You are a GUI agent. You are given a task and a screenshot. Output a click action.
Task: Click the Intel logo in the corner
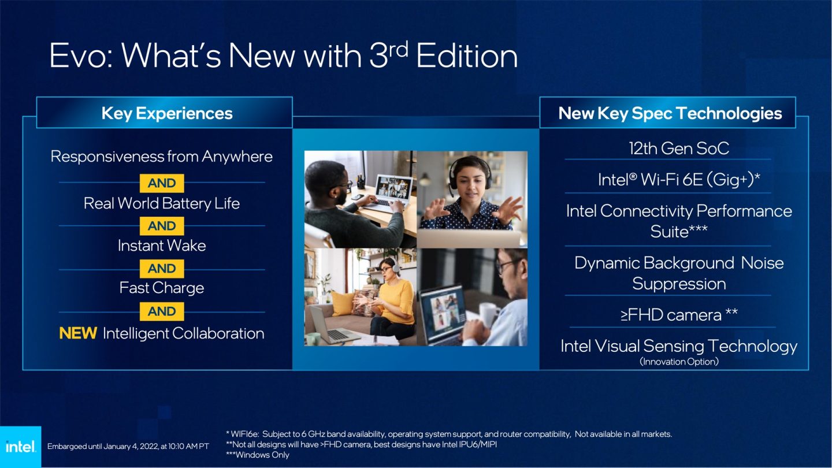20,447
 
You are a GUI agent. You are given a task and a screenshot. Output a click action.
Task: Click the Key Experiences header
166,113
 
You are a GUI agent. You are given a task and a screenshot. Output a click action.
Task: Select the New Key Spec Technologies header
670,113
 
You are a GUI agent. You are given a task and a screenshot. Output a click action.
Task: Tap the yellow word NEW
78,333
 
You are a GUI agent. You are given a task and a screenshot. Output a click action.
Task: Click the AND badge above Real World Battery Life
162,183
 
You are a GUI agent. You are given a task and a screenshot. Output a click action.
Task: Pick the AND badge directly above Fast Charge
162,269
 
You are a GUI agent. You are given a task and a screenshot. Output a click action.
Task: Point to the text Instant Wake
162,246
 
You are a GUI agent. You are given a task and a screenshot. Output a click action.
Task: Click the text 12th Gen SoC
679,148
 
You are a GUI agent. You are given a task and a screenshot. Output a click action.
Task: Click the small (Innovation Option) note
679,362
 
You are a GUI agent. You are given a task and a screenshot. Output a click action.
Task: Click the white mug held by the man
489,314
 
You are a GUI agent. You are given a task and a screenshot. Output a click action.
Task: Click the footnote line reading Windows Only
258,455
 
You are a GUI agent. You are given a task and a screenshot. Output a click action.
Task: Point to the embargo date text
128,446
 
